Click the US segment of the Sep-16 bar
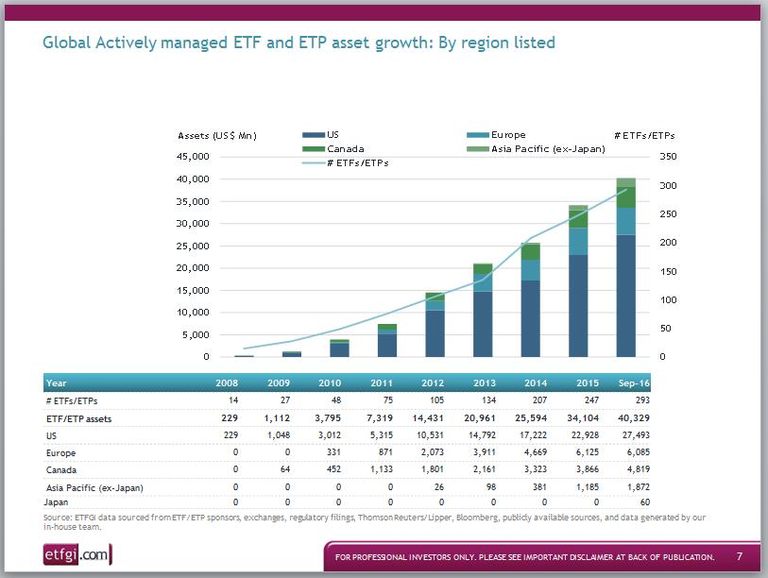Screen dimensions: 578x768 pos(625,296)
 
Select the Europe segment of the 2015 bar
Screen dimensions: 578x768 pos(578,242)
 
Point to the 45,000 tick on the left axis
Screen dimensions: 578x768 pos(194,157)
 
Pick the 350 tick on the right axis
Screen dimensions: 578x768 pos(668,157)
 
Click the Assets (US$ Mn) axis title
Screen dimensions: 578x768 pos(217,136)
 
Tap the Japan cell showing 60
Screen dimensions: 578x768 pos(642,503)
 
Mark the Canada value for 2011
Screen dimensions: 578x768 pos(381,469)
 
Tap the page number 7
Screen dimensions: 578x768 pos(740,556)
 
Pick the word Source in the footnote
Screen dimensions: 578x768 pos(57,518)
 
